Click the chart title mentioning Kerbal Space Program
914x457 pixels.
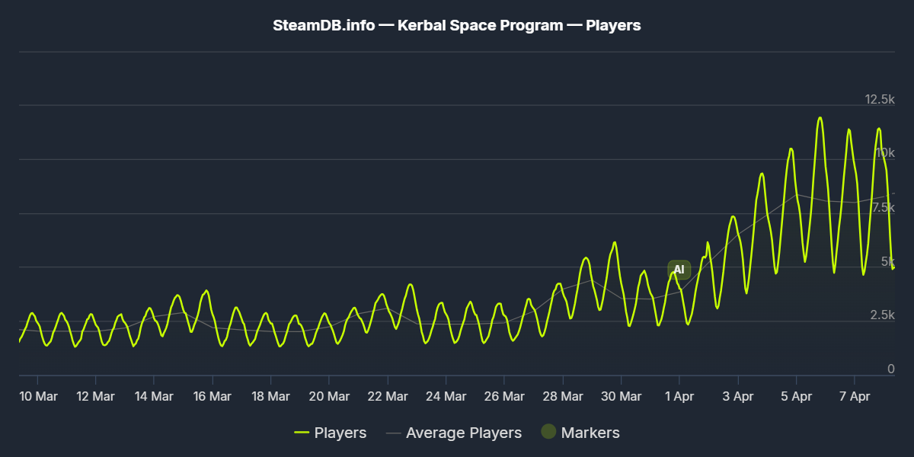pyautogui.click(x=457, y=25)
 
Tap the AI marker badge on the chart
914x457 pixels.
pyautogui.click(x=679, y=270)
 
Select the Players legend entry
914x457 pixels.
pyautogui.click(x=331, y=433)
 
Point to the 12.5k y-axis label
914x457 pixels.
pyautogui.click(x=880, y=100)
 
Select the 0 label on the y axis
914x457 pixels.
pyautogui.click(x=890, y=369)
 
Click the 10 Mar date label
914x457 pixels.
pyautogui.click(x=37, y=396)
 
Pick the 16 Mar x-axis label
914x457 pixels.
pyautogui.click(x=212, y=396)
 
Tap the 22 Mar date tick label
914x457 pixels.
pyautogui.click(x=387, y=396)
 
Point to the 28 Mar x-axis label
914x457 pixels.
pyautogui.click(x=562, y=396)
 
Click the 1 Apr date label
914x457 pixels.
pyautogui.click(x=679, y=396)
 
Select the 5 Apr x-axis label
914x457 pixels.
pyautogui.click(x=796, y=396)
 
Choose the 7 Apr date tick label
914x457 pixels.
pyautogui.click(x=854, y=396)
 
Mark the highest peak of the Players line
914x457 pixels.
pyautogui.click(x=820, y=117)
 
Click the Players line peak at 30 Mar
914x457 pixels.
pyautogui.click(x=614, y=242)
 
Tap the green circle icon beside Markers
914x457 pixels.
pyautogui.click(x=548, y=432)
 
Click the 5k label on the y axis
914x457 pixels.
pyautogui.click(x=887, y=261)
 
